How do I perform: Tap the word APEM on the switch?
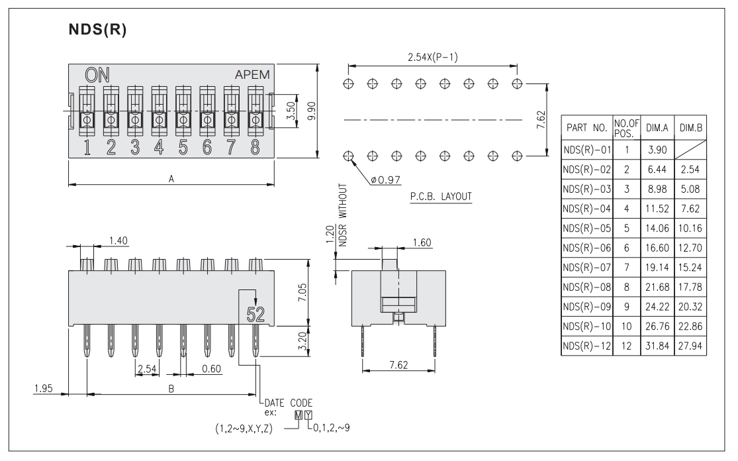pos(252,75)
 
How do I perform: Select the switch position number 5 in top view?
pos(183,148)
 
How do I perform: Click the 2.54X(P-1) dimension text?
pos(432,58)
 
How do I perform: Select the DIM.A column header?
pos(657,127)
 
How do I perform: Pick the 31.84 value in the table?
pos(657,347)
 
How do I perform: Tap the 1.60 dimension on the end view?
pos(421,242)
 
